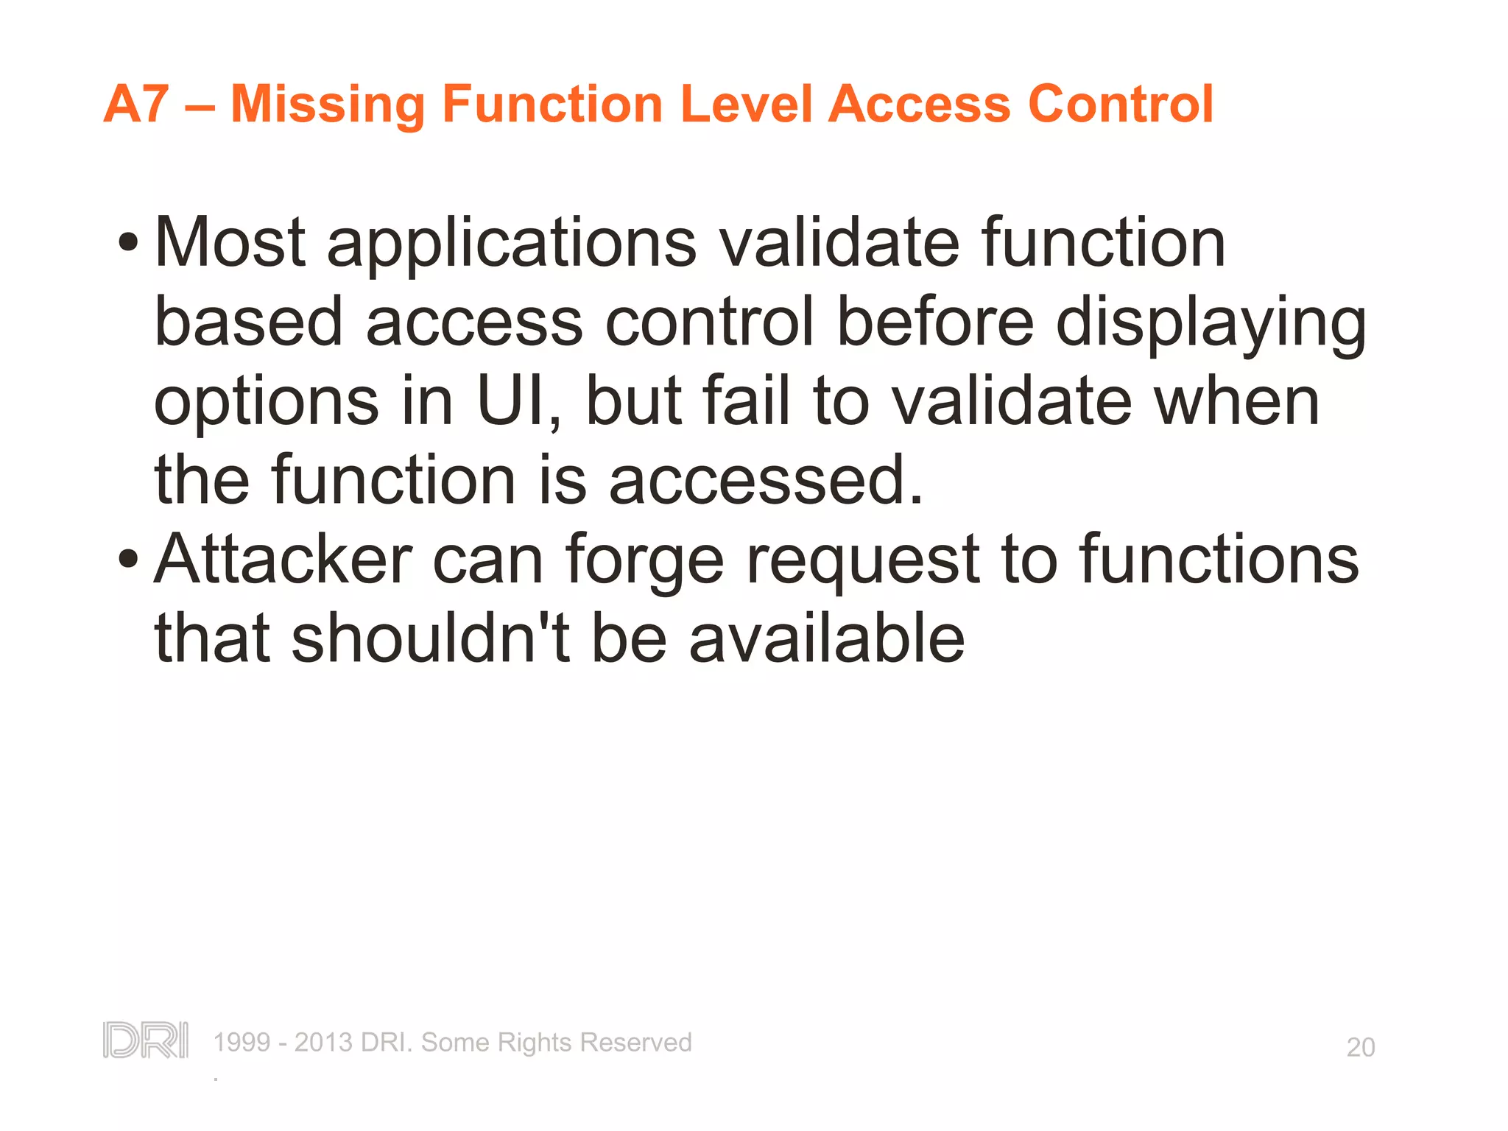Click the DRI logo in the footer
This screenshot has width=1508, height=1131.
146,1040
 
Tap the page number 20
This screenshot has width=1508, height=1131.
1360,1047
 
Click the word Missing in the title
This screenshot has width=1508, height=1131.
328,104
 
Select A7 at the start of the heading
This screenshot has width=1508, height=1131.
137,104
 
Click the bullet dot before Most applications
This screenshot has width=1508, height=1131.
128,242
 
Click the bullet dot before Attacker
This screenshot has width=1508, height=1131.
128,559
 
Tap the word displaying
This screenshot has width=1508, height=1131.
1211,324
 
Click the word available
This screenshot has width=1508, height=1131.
826,638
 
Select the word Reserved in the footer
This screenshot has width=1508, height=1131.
635,1043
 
